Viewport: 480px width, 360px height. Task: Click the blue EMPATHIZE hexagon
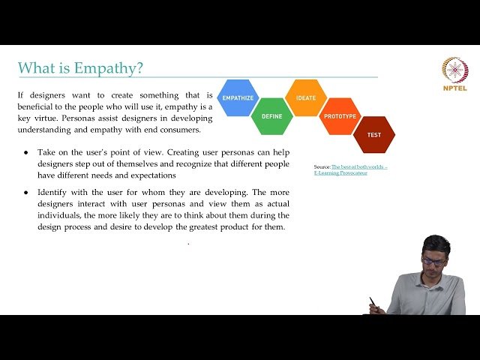coord(238,98)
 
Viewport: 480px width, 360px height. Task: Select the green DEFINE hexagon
coord(271,116)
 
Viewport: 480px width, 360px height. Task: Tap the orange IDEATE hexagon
coord(306,98)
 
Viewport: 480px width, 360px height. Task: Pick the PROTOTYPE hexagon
coord(340,116)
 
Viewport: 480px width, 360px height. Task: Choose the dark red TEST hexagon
coord(373,134)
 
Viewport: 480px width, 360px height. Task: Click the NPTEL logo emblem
coord(454,70)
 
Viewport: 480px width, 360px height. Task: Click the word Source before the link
coord(322,166)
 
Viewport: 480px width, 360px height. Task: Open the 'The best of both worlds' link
coord(359,166)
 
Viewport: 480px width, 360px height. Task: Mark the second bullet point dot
coord(26,193)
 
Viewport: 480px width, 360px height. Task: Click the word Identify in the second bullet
coord(53,193)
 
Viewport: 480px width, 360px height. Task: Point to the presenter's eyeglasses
coord(433,262)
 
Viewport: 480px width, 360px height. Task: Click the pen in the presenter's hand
coord(372,302)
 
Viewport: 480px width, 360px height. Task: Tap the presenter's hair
coord(435,244)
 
